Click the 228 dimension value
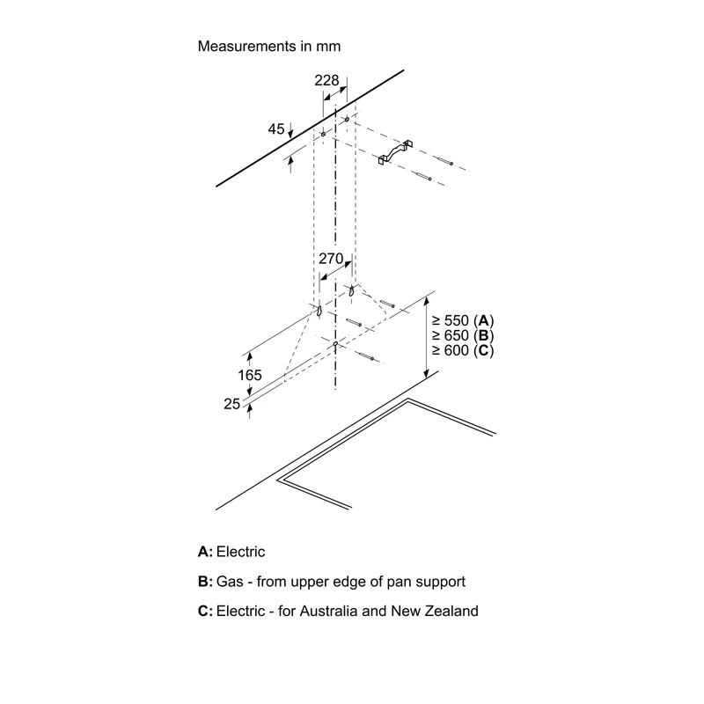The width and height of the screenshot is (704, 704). pos(326,80)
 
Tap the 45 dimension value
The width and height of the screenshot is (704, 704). pos(276,128)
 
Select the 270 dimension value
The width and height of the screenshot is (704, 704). pos(331,259)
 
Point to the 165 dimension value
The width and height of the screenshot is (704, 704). pos(250,375)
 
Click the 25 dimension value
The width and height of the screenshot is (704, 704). pos(232,404)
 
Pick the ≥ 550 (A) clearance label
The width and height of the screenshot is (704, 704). pos(463,320)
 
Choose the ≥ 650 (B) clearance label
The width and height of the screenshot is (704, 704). pos(463,335)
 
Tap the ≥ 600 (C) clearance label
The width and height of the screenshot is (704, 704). pos(463,350)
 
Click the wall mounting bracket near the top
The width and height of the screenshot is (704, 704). pos(395,151)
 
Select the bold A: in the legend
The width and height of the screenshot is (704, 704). pos(205,552)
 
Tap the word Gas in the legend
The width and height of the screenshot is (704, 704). pos(229,582)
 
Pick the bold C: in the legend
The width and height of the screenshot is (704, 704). pos(205,611)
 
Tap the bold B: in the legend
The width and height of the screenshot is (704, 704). pos(205,582)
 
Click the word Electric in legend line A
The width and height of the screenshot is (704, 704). pos(240,552)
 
